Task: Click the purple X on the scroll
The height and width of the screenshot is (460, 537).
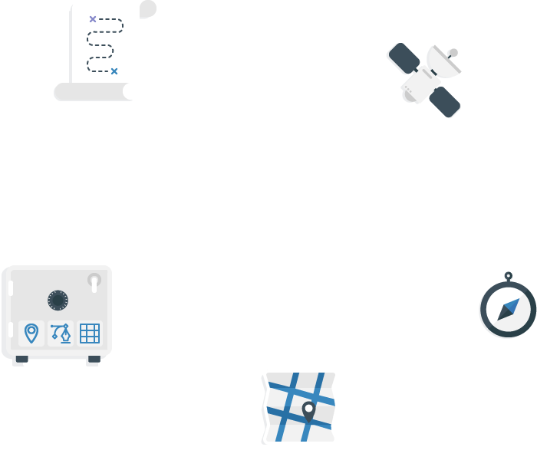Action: coord(93,19)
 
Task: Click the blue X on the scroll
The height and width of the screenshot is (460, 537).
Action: coord(114,71)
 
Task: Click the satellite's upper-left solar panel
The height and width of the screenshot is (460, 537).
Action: coord(402,58)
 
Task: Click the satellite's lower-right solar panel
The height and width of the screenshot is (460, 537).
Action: coord(446,102)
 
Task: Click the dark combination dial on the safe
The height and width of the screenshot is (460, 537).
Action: coord(58,300)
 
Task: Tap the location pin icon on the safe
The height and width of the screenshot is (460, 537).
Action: coord(31,333)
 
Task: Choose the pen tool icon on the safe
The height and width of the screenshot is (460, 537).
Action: coord(61,333)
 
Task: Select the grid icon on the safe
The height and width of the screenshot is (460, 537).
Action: coord(90,333)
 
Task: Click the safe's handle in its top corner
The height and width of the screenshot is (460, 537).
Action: coord(94,281)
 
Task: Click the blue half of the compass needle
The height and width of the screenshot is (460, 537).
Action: coord(512,304)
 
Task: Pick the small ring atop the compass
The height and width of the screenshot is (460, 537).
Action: coord(508,276)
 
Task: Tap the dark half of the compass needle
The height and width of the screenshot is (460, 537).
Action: coord(503,314)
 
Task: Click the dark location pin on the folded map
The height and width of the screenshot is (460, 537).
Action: coord(308,410)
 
